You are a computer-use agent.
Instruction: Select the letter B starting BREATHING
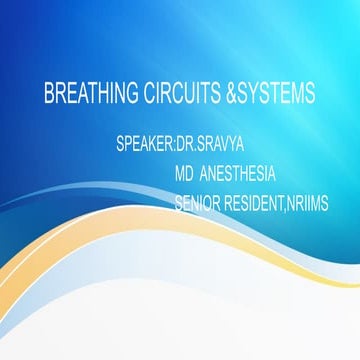(49, 94)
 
